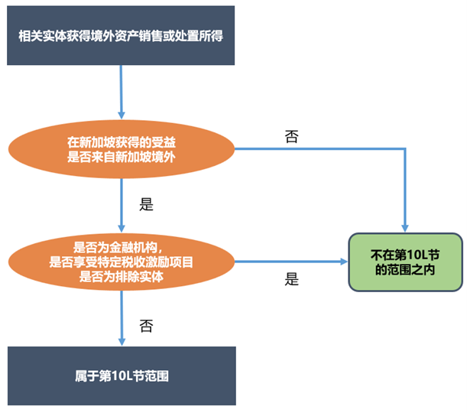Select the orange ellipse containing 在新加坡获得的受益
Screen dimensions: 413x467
click(x=121, y=149)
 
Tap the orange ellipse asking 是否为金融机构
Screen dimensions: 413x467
click(x=121, y=262)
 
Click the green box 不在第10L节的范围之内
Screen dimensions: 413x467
click(x=405, y=262)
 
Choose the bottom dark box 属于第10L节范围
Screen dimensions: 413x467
click(x=121, y=376)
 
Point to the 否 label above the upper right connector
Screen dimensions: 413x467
click(x=291, y=136)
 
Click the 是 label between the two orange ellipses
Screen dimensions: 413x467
click(x=147, y=204)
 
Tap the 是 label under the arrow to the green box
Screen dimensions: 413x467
click(x=291, y=280)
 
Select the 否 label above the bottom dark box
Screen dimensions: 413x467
click(x=147, y=325)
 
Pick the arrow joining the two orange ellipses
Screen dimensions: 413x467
click(x=121, y=204)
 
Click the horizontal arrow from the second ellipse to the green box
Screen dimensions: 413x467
click(x=290, y=262)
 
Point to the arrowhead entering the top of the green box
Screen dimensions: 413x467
click(x=405, y=226)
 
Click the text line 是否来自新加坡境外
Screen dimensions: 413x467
click(x=121, y=157)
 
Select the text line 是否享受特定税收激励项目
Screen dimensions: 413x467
click(x=121, y=262)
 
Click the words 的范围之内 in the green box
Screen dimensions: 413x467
click(x=405, y=270)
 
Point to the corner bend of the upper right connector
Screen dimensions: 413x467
click(x=405, y=149)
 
